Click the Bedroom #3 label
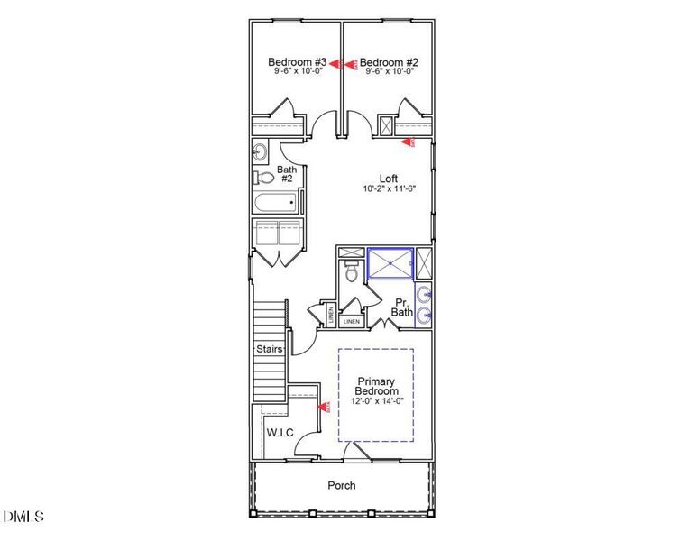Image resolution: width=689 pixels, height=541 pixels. click(289, 62)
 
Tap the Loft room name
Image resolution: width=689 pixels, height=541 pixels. click(388, 179)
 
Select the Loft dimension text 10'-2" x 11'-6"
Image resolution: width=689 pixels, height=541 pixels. click(388, 189)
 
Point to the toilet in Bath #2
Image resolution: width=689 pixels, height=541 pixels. click(259, 177)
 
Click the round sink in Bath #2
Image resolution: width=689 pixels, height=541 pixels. click(259, 151)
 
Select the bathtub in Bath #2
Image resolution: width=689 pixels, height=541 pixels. click(277, 203)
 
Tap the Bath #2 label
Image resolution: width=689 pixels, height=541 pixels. click(287, 174)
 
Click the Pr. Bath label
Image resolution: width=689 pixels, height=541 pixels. click(402, 307)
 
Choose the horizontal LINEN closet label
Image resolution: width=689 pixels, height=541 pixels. click(352, 321)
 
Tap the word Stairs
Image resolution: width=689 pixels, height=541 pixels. click(270, 349)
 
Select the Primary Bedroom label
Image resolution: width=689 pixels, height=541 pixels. click(376, 386)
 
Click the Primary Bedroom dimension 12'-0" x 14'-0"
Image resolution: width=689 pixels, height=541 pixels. click(376, 402)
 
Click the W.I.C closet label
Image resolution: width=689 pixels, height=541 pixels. click(280, 433)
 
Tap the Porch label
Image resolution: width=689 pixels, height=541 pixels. click(341, 486)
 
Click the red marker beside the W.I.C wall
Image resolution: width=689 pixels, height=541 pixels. click(320, 408)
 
